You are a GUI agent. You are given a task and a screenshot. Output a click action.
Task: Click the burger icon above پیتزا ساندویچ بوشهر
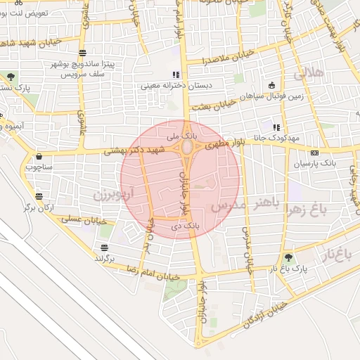(x=84, y=53)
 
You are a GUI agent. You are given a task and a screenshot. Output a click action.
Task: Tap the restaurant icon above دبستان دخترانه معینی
(x=175, y=75)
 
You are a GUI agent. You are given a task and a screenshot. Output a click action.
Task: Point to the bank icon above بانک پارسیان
(x=314, y=153)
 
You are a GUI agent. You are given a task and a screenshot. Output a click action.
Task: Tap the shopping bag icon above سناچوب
(x=37, y=156)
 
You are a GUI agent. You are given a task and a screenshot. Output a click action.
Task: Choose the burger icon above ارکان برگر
(x=37, y=196)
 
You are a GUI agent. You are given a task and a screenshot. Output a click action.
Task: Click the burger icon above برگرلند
(x=104, y=247)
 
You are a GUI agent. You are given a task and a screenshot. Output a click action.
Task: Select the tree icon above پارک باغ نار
(x=288, y=258)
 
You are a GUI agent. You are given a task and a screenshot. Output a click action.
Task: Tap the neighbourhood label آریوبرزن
(x=112, y=191)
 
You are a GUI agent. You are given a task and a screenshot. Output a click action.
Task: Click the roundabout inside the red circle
(x=188, y=148)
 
